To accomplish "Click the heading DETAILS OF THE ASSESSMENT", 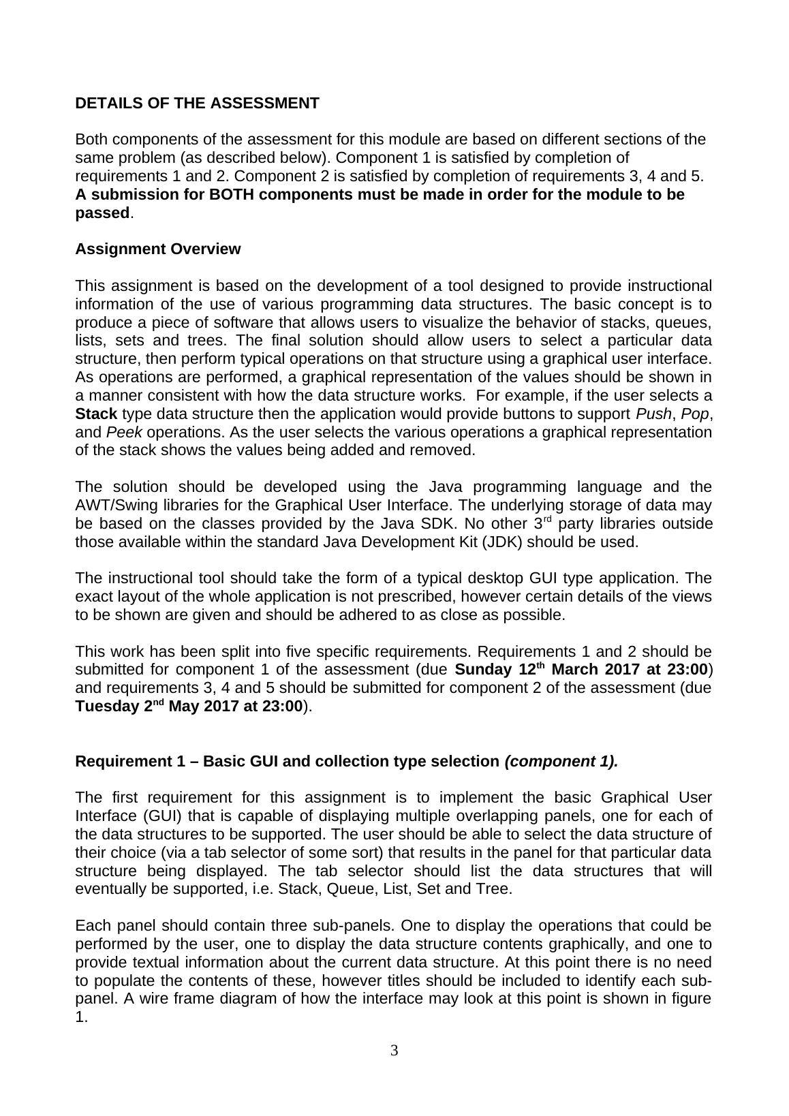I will click(197, 104).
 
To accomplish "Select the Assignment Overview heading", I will click(157, 249).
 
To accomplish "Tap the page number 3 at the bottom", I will click(394, 1051).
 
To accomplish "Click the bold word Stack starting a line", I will click(96, 414).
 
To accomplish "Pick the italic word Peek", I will click(124, 433).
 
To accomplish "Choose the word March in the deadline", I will click(580, 670).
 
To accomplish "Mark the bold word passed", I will click(102, 213).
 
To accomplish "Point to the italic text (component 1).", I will click(561, 762).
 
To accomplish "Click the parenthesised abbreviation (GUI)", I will click(161, 816).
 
